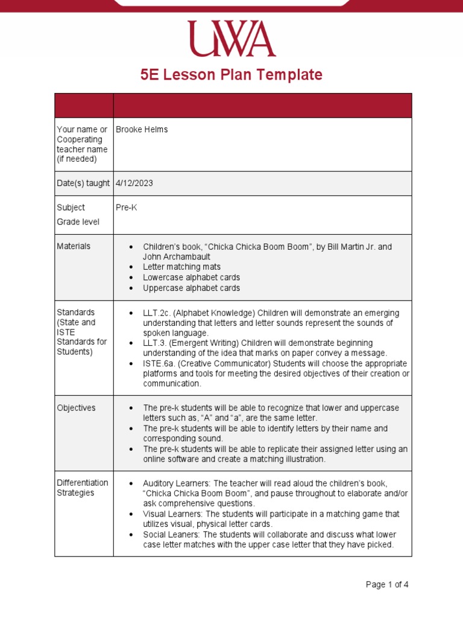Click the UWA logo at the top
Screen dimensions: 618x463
pyautogui.click(x=231, y=39)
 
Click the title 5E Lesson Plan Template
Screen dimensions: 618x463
pyautogui.click(x=231, y=75)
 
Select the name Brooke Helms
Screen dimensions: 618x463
pyautogui.click(x=142, y=129)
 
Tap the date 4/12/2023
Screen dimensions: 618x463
pyautogui.click(x=134, y=183)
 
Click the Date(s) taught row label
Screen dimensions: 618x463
pyautogui.click(x=83, y=183)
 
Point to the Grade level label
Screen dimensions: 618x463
pyautogui.click(x=78, y=222)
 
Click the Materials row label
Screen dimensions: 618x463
pyautogui.click(x=74, y=246)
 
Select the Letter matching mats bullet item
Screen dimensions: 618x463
pyautogui.click(x=181, y=267)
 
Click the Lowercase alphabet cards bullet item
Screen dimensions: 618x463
pyautogui.click(x=191, y=278)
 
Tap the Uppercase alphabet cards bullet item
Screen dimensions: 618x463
pyautogui.click(x=191, y=288)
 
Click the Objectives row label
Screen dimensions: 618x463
pyautogui.click(x=76, y=408)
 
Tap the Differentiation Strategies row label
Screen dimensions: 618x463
pyautogui.click(x=83, y=488)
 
